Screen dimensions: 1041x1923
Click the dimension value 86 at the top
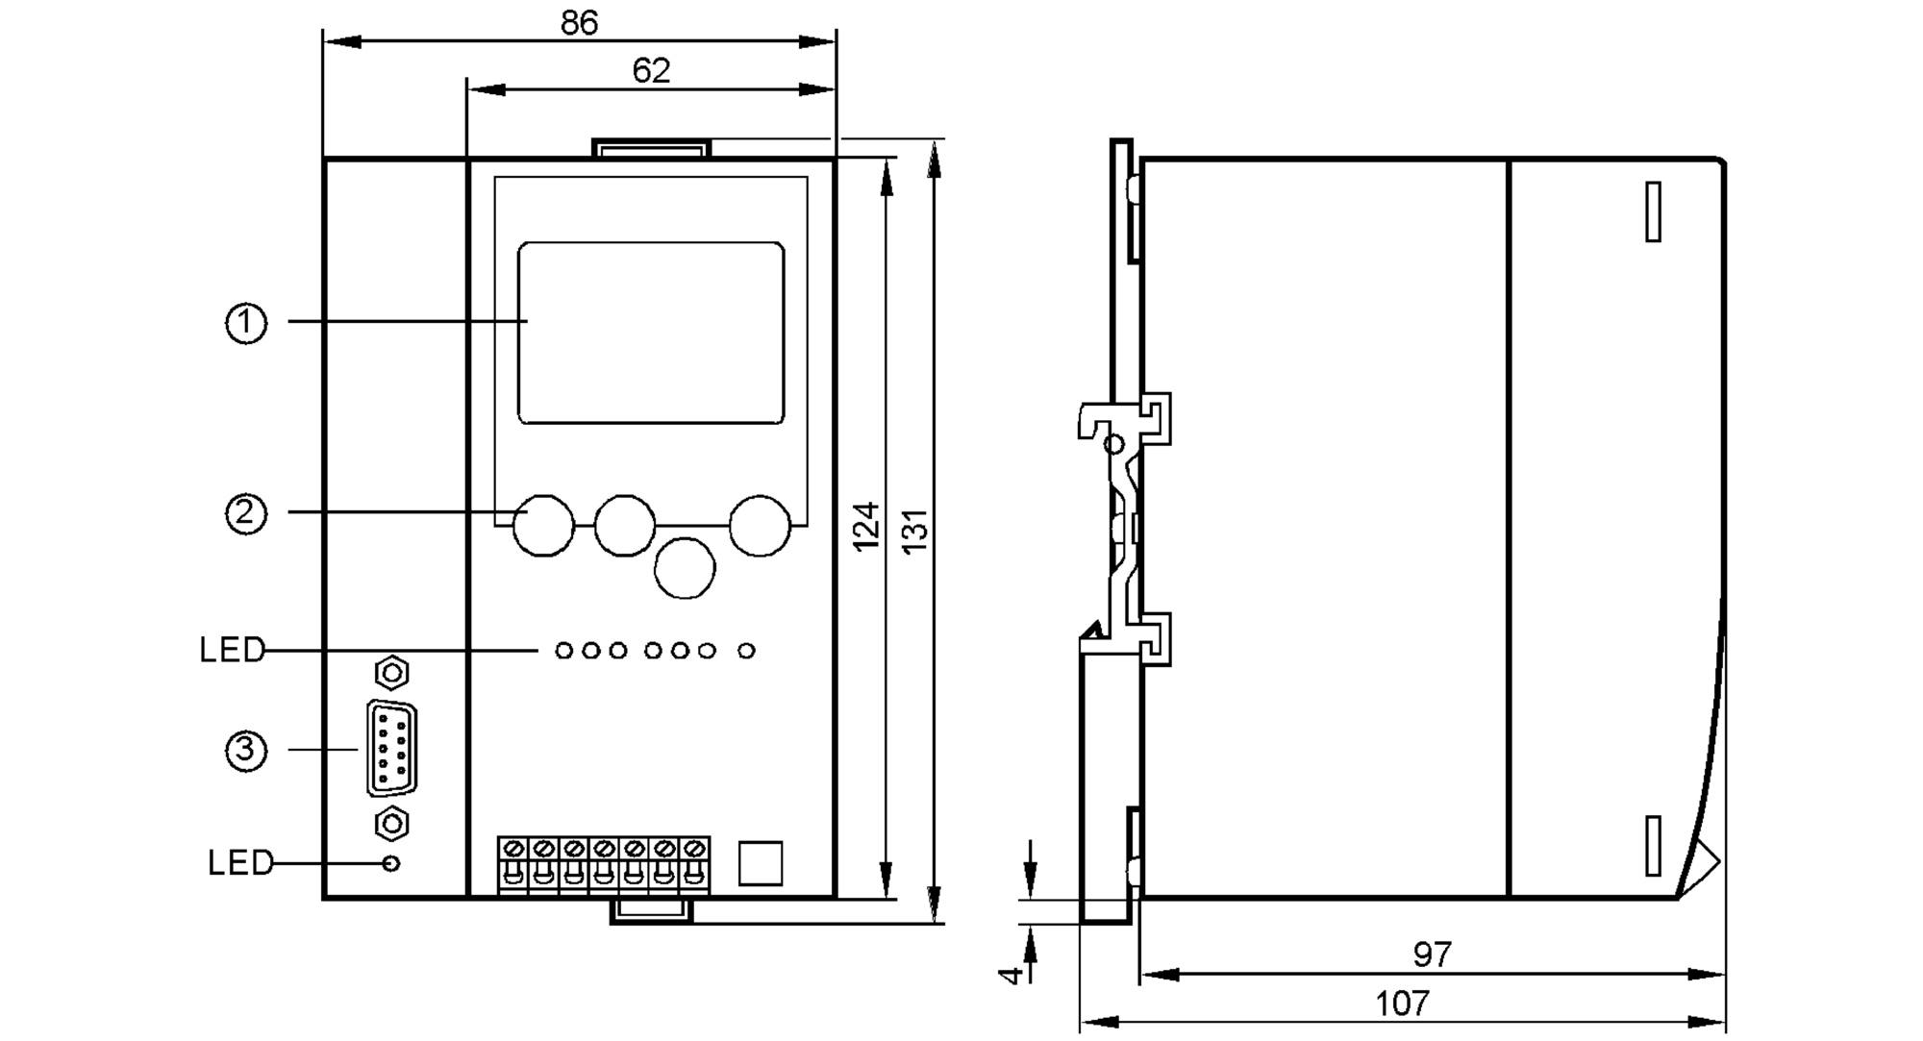tap(579, 22)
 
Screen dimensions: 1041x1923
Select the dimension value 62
tap(651, 70)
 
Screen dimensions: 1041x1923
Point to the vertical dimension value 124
tap(866, 527)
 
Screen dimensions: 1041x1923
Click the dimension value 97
tap(1432, 954)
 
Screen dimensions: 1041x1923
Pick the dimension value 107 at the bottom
tap(1402, 1004)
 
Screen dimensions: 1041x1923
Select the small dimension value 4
tap(1010, 975)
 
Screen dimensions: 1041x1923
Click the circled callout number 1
tap(246, 323)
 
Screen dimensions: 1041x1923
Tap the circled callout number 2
tap(246, 513)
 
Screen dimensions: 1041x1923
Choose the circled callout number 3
tap(246, 750)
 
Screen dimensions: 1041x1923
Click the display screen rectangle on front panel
tap(651, 333)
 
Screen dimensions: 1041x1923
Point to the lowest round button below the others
tap(685, 568)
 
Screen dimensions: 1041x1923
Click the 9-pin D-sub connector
tap(391, 749)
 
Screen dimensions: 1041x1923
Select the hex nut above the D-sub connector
tap(391, 673)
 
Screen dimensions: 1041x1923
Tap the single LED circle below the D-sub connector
tap(390, 863)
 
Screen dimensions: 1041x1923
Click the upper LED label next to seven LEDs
tap(231, 651)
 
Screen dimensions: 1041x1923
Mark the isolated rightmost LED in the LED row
tap(746, 651)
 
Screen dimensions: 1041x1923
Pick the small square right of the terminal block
tap(760, 863)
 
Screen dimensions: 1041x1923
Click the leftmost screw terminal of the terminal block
tap(513, 850)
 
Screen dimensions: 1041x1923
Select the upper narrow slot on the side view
tap(1653, 211)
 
